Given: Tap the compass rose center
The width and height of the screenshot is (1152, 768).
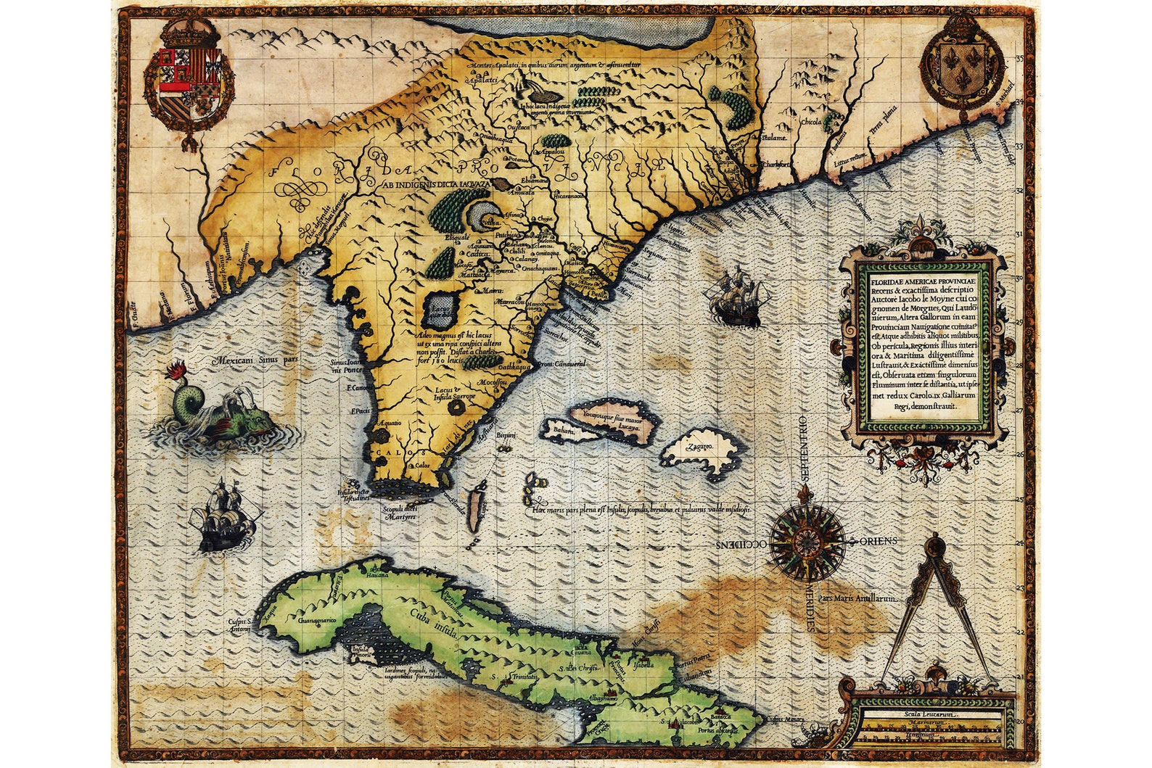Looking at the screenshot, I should (807, 541).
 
